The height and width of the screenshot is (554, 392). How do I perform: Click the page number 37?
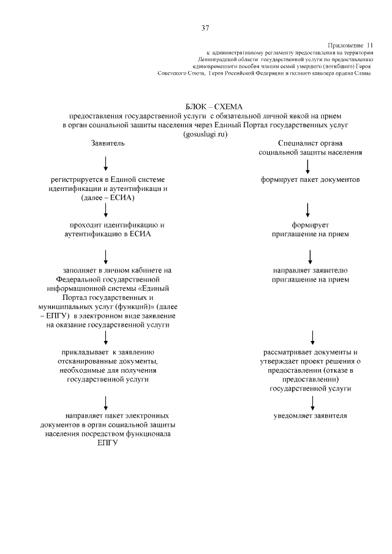pos(206,27)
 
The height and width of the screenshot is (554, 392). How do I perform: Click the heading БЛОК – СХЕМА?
pos(205,107)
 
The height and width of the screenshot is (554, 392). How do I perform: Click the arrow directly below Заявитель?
pos(107,163)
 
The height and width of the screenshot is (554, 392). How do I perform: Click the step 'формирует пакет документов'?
pos(310,180)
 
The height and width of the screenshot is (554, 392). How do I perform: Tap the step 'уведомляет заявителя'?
pos(311,416)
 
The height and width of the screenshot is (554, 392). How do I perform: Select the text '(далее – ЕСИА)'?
pos(107,199)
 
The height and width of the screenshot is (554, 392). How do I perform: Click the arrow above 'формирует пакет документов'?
pos(307,165)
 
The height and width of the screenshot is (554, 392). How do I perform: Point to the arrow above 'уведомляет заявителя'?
pos(312,402)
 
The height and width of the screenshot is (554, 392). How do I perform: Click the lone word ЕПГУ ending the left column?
pos(107,444)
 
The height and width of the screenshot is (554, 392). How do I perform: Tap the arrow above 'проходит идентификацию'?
pos(107,210)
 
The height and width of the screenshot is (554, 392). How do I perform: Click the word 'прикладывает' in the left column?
pos(83,353)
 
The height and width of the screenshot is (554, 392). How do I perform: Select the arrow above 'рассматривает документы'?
pos(312,337)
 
